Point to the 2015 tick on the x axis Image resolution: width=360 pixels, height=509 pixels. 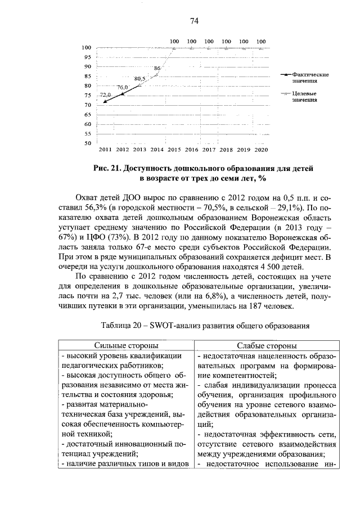click(x=174, y=150)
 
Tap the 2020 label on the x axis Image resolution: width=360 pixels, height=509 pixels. click(x=261, y=150)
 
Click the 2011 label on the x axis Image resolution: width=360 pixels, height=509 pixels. click(x=105, y=150)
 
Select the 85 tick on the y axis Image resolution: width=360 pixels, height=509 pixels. click(x=87, y=76)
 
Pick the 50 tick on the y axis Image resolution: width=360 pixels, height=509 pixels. click(x=87, y=143)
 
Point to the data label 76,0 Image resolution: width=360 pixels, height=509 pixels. click(x=123, y=87)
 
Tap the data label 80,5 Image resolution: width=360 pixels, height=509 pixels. click(x=140, y=78)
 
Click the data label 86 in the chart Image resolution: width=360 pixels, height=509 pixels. click(x=157, y=68)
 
